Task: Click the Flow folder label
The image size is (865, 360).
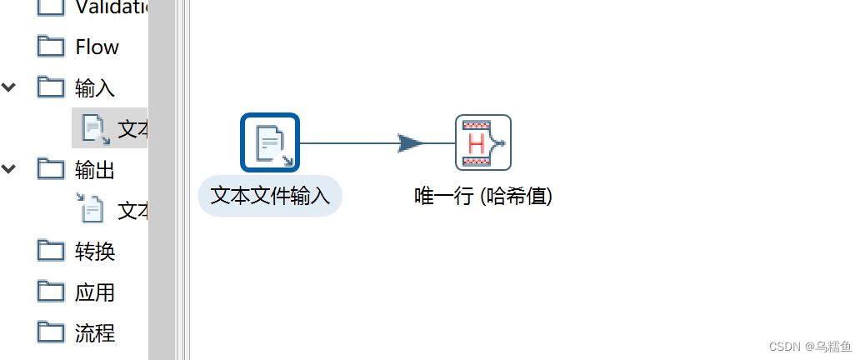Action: (97, 47)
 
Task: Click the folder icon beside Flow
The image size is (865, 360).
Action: (52, 46)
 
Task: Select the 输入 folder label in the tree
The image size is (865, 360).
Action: (95, 87)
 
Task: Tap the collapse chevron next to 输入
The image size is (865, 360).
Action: (9, 87)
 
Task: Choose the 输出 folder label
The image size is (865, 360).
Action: (95, 170)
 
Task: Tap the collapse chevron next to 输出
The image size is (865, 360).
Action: (9, 169)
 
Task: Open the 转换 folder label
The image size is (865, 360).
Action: (95, 252)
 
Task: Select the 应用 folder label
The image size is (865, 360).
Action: (95, 292)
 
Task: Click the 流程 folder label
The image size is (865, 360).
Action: (95, 333)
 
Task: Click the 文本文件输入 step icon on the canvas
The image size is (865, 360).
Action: (270, 142)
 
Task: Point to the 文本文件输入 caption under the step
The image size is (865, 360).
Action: (270, 196)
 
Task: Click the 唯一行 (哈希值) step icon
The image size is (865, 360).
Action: (482, 142)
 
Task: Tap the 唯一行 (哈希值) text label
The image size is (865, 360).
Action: (483, 196)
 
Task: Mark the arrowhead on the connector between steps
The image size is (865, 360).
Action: (411, 143)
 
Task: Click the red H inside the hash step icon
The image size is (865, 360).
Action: (477, 143)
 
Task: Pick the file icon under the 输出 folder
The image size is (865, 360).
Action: (91, 209)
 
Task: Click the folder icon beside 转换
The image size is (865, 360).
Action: (52, 250)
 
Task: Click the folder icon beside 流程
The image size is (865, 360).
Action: (52, 332)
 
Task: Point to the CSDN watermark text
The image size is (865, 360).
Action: (810, 346)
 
